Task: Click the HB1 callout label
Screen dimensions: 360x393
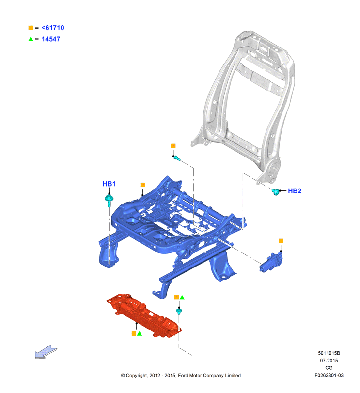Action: click(x=109, y=184)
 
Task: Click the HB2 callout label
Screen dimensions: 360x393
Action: click(x=295, y=191)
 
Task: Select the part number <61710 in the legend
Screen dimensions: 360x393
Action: click(x=53, y=28)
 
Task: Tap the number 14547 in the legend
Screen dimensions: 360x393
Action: click(x=50, y=39)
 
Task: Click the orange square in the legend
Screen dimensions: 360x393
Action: click(x=31, y=28)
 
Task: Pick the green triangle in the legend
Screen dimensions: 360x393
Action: click(x=31, y=39)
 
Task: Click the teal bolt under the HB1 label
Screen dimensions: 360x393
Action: click(x=109, y=200)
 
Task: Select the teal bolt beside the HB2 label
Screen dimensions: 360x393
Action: click(x=276, y=192)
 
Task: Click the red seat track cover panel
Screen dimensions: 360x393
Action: click(x=144, y=315)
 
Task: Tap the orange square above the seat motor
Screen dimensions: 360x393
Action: click(x=281, y=241)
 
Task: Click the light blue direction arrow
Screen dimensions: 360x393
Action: click(x=46, y=352)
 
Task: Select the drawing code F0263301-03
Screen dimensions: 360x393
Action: click(x=329, y=375)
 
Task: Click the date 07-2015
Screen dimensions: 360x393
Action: click(x=329, y=361)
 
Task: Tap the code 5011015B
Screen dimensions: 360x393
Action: click(x=329, y=353)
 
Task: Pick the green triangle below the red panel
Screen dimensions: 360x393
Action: click(x=140, y=333)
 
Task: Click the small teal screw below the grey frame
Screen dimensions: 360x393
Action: click(x=177, y=158)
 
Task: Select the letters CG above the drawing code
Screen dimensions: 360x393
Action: click(x=329, y=368)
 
